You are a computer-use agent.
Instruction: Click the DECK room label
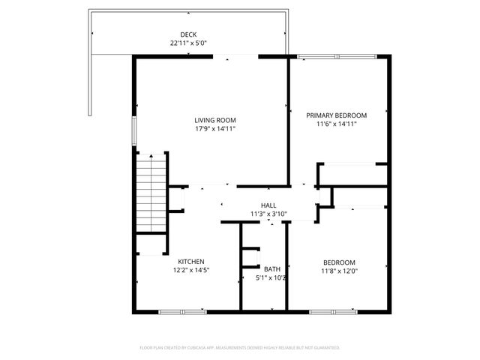[188, 34]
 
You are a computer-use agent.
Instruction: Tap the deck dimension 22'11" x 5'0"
[188, 43]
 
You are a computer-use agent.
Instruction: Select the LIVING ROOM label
[215, 120]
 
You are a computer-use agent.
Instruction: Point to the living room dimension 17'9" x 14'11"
[215, 129]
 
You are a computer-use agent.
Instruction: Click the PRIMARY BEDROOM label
[336, 115]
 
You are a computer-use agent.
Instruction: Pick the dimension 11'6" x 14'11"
[336, 124]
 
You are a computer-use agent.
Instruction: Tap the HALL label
[268, 205]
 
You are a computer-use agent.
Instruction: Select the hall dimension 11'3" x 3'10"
[268, 214]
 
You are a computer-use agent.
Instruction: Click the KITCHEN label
[191, 262]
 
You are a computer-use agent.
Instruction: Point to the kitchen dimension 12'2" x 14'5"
[191, 271]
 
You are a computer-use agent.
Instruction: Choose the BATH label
[272, 269]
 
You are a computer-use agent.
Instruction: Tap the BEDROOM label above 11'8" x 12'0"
[339, 262]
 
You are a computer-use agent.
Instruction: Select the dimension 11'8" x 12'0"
[339, 271]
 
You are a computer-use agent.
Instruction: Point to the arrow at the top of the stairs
[151, 156]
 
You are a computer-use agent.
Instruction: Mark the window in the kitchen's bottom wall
[182, 310]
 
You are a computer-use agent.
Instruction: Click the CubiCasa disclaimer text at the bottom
[240, 348]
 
